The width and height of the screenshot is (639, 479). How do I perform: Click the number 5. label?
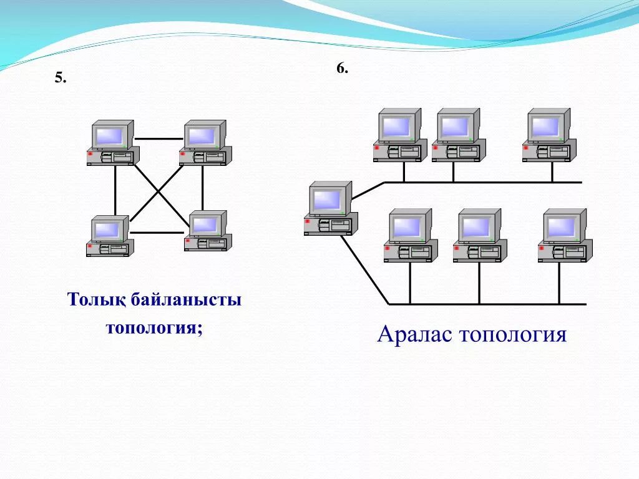click(x=61, y=78)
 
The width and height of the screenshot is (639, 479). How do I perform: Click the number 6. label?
click(x=342, y=69)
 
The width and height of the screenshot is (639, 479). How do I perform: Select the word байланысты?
click(x=187, y=300)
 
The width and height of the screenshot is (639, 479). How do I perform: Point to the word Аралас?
click(x=414, y=335)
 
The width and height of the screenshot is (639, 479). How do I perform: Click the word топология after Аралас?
click(x=513, y=335)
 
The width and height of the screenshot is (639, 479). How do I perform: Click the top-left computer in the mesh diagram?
click(x=112, y=143)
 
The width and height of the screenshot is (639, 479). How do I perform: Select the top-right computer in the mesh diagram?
click(x=205, y=143)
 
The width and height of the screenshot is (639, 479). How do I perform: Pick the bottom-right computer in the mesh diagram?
click(x=208, y=231)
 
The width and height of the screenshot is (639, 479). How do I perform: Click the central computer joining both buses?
click(x=331, y=208)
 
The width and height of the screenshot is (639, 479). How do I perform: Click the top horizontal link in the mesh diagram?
click(x=159, y=138)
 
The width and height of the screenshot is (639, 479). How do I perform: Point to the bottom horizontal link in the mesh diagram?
click(x=157, y=233)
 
